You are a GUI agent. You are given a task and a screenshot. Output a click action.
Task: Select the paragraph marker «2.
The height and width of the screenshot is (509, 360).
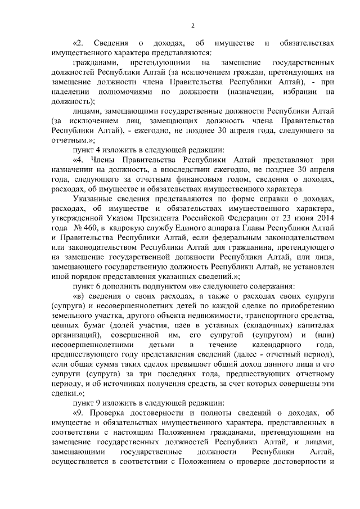pos(78,43)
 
